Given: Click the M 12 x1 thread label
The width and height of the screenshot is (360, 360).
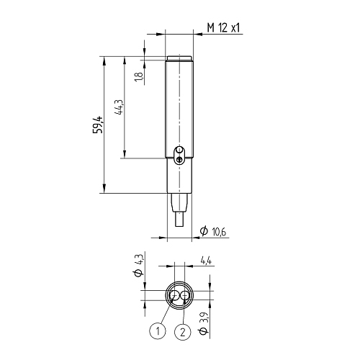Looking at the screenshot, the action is point(223,28).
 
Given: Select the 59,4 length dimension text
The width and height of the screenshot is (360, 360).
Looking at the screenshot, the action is point(99,125).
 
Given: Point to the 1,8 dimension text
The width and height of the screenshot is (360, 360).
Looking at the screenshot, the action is point(139,77).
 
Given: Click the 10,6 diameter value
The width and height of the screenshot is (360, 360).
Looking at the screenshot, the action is point(219,232).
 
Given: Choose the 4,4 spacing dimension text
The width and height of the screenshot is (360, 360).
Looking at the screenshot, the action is point(207,261).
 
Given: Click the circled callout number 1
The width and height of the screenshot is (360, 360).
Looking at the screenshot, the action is point(158,331).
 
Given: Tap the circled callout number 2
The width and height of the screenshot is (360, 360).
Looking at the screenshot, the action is point(183,333).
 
